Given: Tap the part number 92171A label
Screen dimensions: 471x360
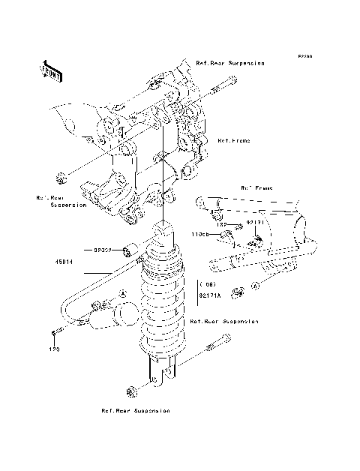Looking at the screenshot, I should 211,295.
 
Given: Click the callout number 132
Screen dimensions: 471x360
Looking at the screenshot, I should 221,223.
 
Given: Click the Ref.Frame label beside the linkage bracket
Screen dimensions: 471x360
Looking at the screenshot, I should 233,140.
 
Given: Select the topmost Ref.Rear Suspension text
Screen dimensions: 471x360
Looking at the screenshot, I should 229,64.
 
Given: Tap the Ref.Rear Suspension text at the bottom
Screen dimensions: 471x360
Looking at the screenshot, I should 136,411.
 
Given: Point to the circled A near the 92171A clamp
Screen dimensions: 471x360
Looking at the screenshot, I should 255,286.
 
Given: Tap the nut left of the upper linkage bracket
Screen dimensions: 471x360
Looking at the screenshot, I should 61,178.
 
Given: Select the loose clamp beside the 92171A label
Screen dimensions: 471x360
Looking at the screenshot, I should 237,290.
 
